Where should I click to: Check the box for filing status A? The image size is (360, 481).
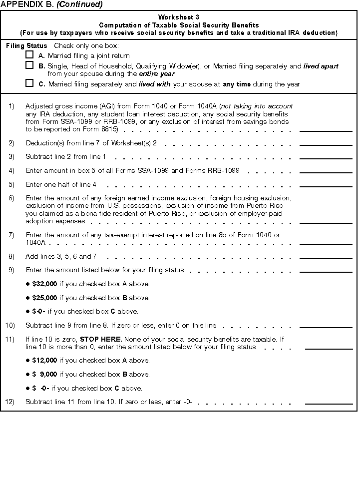tap(29, 55)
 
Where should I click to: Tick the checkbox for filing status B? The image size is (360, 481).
tap(29, 65)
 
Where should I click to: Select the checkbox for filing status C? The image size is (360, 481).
tap(29, 83)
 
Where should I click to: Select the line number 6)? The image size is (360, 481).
tap(11, 198)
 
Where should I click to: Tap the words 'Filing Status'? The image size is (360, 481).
tap(26, 45)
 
